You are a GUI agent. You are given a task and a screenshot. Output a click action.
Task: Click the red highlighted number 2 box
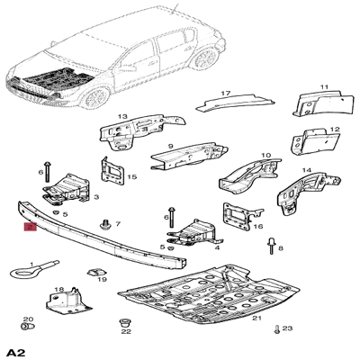31,227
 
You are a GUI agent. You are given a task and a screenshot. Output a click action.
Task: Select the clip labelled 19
97,272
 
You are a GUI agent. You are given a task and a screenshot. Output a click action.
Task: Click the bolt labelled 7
105,224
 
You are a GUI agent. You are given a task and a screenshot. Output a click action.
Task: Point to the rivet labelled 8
271,246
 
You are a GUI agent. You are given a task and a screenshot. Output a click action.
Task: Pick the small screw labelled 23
276,329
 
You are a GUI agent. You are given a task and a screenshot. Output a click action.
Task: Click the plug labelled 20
28,326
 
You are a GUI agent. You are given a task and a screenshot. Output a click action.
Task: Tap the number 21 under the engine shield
256,319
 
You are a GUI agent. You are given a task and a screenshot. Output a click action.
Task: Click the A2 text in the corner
16,352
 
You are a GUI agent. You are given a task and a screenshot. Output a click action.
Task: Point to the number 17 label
226,94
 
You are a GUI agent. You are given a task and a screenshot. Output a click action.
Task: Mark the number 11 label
324,87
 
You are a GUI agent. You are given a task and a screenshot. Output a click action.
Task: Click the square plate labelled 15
112,172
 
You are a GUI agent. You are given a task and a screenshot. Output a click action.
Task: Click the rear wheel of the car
206,58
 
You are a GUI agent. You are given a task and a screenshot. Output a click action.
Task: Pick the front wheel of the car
96,98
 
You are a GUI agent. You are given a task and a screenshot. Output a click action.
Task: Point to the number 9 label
171,147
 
